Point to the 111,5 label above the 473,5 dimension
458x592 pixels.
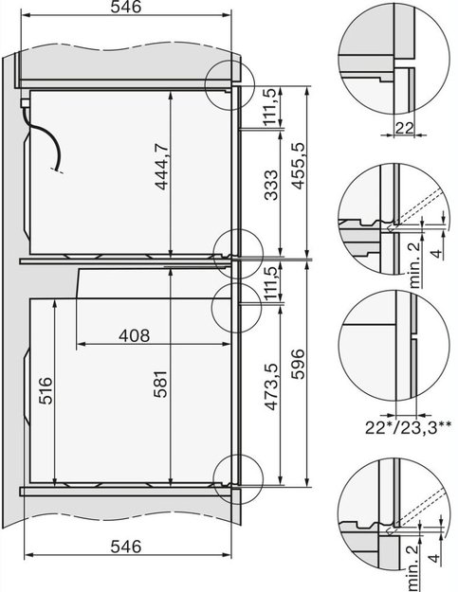coord(271,281)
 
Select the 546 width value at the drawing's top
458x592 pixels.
coord(125,8)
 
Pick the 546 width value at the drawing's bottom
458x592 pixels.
coord(125,547)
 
